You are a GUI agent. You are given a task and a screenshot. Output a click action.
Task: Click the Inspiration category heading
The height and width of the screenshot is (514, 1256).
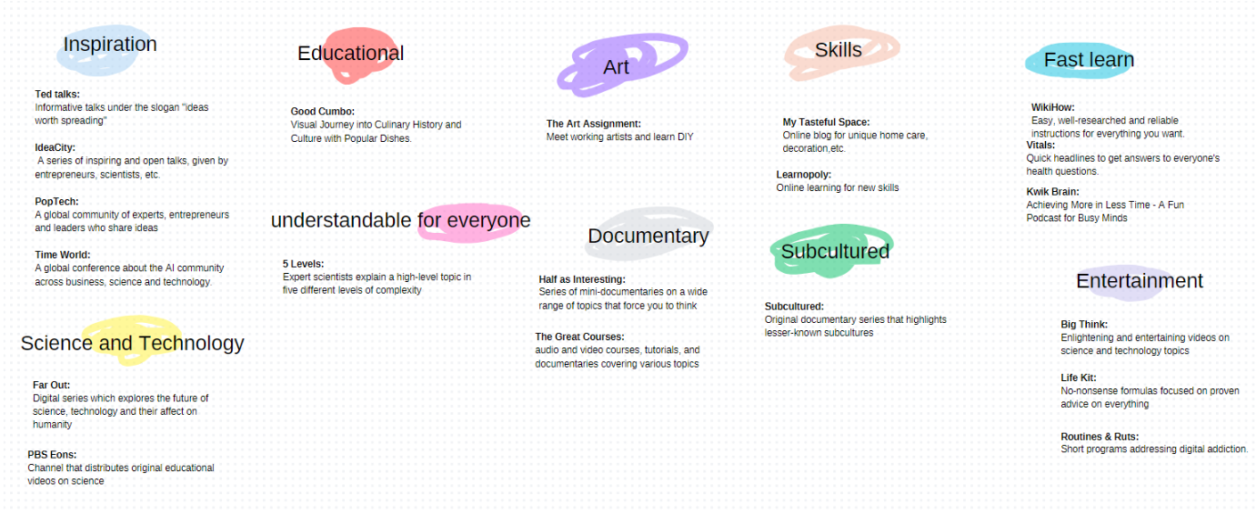110,44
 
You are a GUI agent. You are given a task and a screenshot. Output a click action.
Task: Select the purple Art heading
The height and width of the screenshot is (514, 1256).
616,67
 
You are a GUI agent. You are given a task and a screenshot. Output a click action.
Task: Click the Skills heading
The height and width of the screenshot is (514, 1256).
838,50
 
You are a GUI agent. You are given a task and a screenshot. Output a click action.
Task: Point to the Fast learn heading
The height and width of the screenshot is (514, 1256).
1089,59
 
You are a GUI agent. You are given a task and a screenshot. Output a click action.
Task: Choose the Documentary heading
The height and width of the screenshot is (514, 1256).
648,236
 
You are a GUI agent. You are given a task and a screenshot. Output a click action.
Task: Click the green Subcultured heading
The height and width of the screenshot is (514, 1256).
835,251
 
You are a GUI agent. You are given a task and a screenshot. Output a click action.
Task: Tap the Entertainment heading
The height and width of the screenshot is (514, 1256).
1139,280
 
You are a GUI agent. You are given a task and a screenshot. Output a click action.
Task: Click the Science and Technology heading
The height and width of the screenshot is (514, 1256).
132,343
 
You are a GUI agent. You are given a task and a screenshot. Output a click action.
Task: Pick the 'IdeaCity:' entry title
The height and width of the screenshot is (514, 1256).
55,147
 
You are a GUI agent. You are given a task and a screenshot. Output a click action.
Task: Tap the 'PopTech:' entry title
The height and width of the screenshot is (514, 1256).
56,201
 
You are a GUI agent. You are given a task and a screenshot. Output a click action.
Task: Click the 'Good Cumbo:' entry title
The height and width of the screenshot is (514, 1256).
322,112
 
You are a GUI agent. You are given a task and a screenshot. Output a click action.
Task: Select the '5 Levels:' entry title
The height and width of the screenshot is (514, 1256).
304,264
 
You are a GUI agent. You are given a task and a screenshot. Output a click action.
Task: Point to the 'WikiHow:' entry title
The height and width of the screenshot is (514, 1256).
1052,107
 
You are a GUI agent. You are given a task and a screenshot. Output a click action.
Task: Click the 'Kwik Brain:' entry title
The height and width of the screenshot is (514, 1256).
1052,192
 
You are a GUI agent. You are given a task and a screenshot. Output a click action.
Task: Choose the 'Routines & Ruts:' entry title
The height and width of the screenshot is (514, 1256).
1100,437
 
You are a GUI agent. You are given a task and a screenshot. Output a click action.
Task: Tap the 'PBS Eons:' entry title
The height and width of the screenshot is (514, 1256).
52,455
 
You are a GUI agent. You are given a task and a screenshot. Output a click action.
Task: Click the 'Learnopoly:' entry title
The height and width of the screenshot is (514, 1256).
803,175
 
